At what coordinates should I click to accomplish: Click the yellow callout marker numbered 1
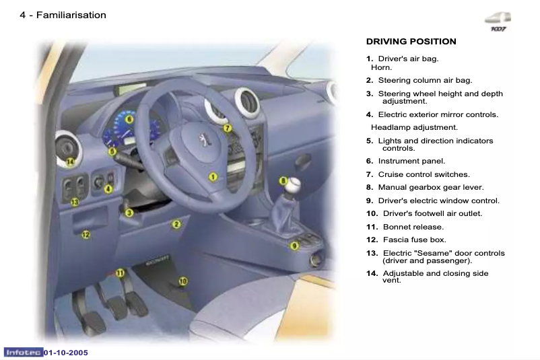tap(213, 177)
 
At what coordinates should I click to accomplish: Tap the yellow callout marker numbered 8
tap(283, 180)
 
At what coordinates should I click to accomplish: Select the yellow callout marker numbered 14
tap(71, 161)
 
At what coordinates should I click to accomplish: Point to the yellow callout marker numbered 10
tap(182, 281)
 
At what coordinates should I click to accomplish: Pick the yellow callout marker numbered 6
tap(129, 119)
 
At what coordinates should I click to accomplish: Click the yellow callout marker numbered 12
tap(86, 235)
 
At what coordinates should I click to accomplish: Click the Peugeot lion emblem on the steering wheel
tap(200, 143)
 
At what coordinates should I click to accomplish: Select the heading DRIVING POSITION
tap(411, 42)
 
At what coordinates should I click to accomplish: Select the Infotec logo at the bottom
tap(24, 353)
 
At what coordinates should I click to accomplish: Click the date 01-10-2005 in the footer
tap(66, 353)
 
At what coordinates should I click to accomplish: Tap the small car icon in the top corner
tap(499, 20)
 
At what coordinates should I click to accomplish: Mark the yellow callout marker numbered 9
tap(294, 246)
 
